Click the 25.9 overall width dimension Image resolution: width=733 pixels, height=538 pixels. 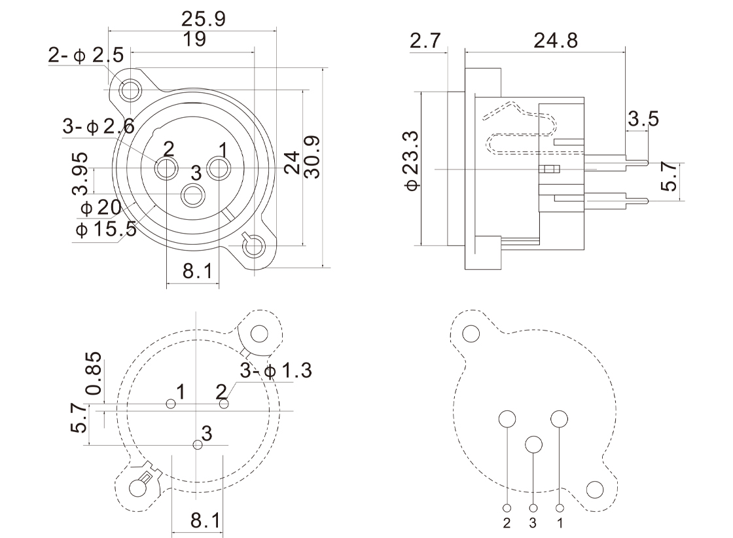[203, 20]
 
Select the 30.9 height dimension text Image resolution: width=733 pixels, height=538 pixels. [312, 157]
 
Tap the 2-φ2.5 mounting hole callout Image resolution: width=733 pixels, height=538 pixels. [86, 56]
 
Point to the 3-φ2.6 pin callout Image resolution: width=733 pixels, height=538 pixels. [99, 127]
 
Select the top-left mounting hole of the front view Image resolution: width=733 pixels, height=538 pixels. [131, 89]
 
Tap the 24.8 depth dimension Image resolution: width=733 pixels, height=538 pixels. [556, 41]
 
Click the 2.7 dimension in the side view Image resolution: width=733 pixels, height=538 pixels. [426, 41]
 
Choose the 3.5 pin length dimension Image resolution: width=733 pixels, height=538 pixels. [643, 119]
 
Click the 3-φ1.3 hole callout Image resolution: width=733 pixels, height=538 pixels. [276, 370]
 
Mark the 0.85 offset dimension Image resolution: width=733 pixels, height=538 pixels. [94, 373]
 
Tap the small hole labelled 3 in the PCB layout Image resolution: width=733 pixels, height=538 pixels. [198, 445]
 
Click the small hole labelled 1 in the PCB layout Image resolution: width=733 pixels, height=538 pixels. [171, 404]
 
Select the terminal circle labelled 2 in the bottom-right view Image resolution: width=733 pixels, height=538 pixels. [508, 419]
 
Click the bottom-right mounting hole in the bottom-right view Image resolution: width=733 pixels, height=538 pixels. [595, 490]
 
